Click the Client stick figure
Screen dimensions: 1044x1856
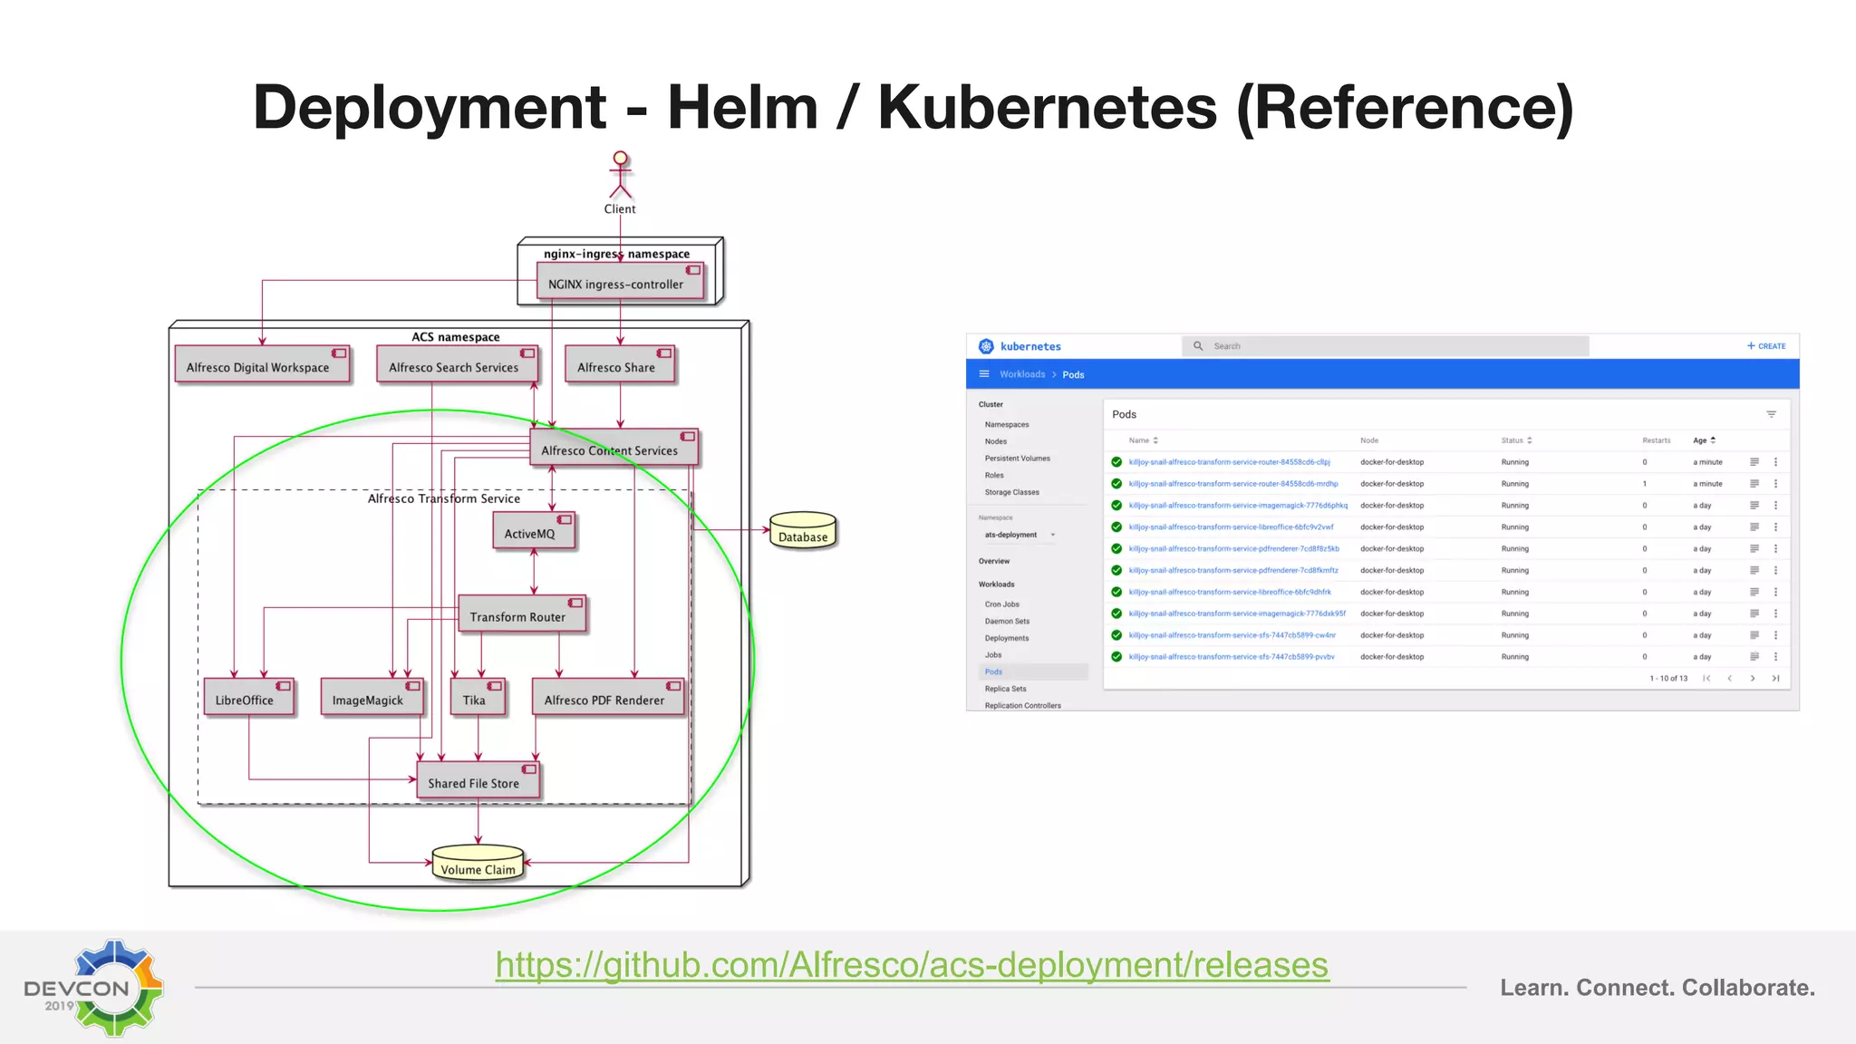click(620, 175)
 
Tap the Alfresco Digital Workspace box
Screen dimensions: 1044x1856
click(262, 365)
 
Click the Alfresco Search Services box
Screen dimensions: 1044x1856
click(457, 365)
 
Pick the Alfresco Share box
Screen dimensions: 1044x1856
click(619, 365)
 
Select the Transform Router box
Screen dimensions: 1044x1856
click(521, 615)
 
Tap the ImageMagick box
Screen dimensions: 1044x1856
click(371, 699)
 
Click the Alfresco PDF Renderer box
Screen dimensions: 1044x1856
click(607, 699)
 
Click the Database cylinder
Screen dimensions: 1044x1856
click(803, 531)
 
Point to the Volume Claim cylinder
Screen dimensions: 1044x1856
click(478, 864)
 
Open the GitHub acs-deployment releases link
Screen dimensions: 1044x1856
click(912, 965)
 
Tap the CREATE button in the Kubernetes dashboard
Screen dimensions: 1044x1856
click(1766, 346)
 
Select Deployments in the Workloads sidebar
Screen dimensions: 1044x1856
click(1006, 638)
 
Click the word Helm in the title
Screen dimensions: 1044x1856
click(742, 108)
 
